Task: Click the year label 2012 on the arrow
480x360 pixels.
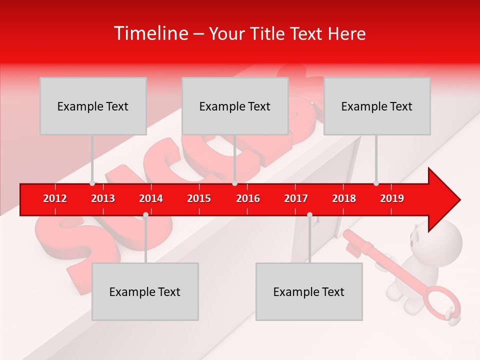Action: click(x=55, y=198)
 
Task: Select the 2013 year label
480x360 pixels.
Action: click(x=103, y=198)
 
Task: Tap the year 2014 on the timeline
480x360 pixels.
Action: click(x=151, y=198)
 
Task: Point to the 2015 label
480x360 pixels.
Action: click(x=199, y=198)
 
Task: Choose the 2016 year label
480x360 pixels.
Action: click(x=248, y=198)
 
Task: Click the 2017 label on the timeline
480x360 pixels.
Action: click(x=296, y=198)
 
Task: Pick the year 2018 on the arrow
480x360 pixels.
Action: click(x=344, y=198)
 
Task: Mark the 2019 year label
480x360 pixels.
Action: click(x=392, y=198)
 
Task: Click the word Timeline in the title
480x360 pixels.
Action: click(x=150, y=33)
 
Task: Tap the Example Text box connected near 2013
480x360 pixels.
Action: click(x=93, y=106)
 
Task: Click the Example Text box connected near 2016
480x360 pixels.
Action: click(x=235, y=106)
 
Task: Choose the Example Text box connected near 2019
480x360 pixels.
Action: click(x=377, y=106)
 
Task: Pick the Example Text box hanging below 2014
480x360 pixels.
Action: click(x=145, y=291)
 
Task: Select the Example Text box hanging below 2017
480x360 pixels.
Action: click(x=309, y=291)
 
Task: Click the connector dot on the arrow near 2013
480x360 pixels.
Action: click(x=92, y=183)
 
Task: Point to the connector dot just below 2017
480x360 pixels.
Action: click(x=309, y=215)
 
